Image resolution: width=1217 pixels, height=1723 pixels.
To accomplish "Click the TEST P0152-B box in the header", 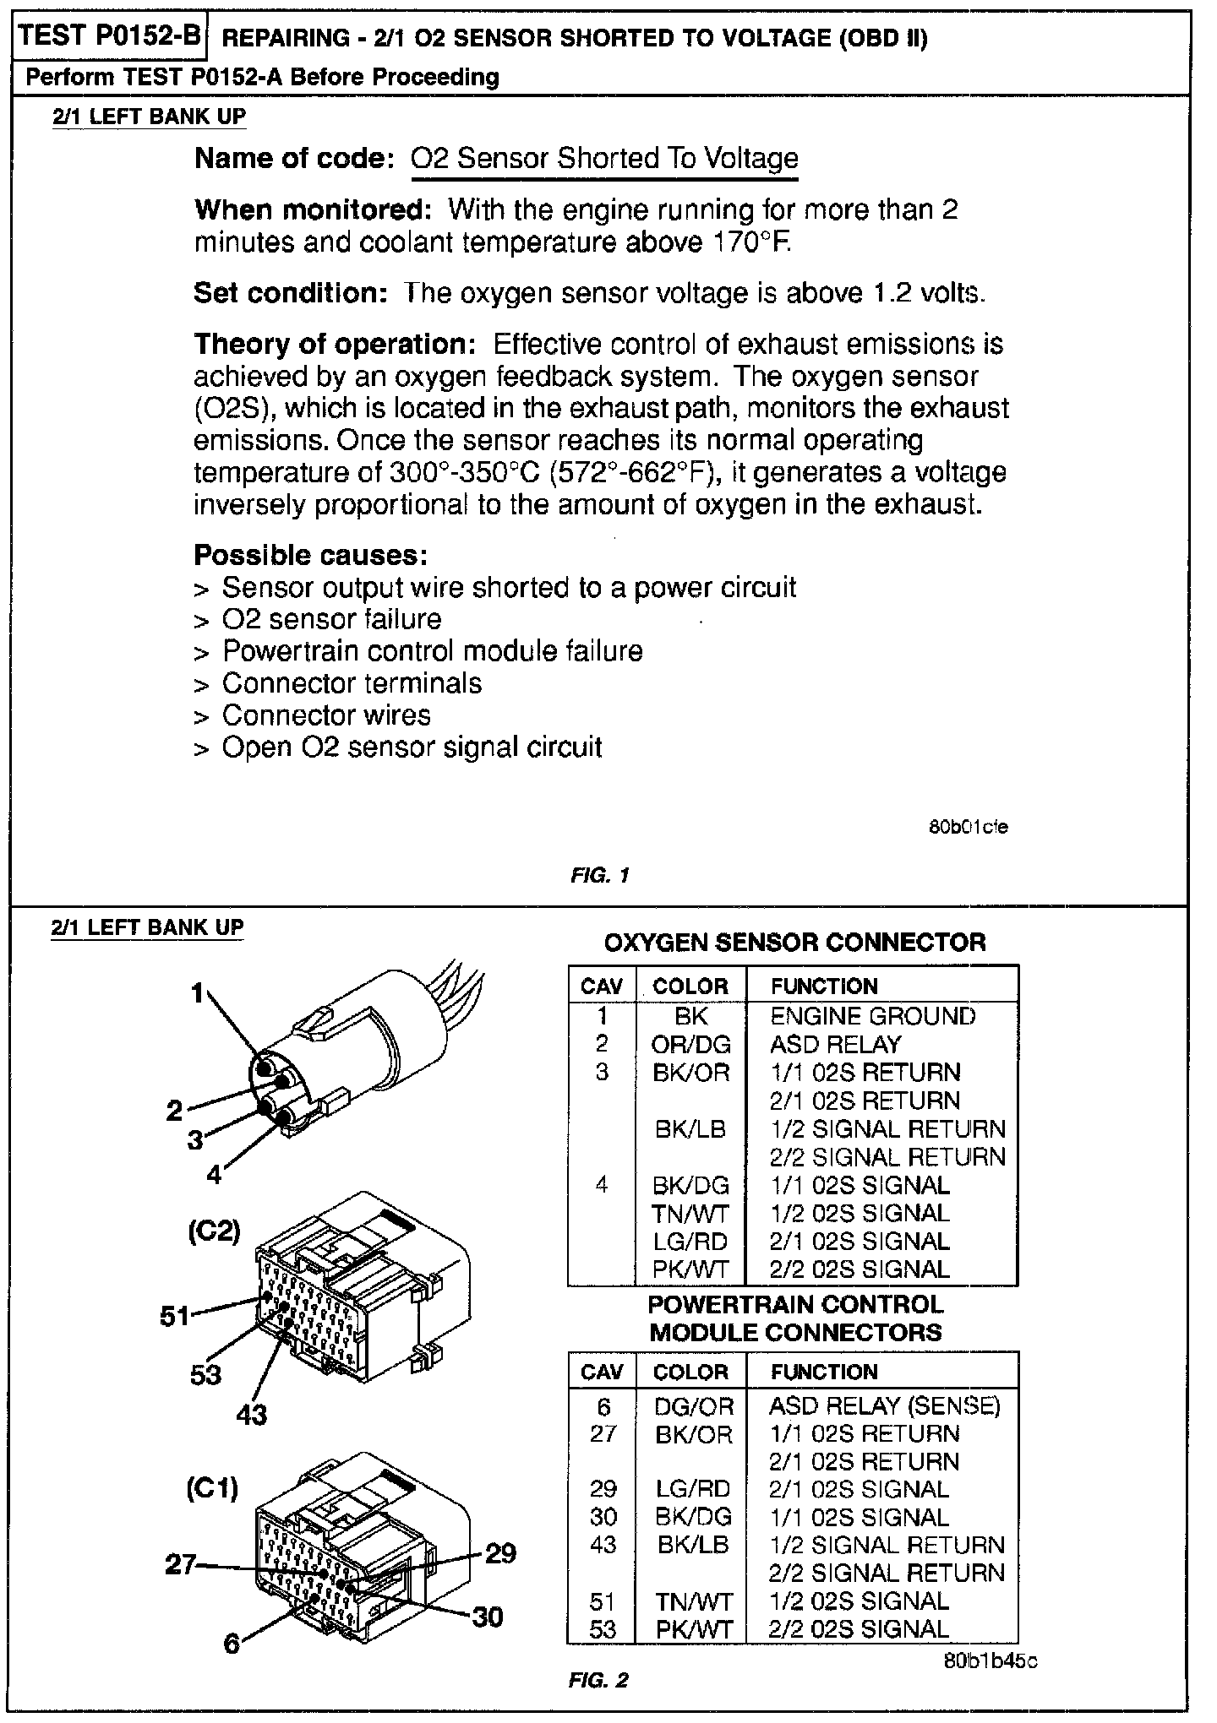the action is pyautogui.click(x=109, y=36).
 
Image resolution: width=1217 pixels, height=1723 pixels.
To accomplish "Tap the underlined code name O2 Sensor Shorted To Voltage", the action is pyautogui.click(x=603, y=159).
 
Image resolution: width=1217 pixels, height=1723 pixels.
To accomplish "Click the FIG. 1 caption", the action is pyautogui.click(x=599, y=876).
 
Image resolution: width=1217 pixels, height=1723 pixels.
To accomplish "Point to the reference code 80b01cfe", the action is pyautogui.click(x=968, y=827).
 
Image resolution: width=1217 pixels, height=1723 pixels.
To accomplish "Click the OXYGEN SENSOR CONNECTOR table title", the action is pyautogui.click(x=794, y=943).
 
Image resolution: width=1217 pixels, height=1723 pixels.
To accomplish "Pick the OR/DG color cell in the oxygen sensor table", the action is pyautogui.click(x=690, y=1045).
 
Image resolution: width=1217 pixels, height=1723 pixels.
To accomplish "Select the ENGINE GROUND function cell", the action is pyautogui.click(x=872, y=1016).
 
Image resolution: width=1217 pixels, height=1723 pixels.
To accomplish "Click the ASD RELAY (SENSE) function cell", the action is pyautogui.click(x=884, y=1405).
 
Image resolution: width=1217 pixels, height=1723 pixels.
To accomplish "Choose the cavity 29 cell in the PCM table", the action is pyautogui.click(x=603, y=1489).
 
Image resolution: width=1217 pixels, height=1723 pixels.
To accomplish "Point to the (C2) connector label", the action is pyautogui.click(x=214, y=1231).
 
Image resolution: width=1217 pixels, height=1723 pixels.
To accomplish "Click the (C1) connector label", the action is pyautogui.click(x=212, y=1487).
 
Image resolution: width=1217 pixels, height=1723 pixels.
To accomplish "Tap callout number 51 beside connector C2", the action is pyautogui.click(x=176, y=1315).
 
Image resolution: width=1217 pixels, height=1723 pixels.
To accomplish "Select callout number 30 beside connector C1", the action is pyautogui.click(x=487, y=1617).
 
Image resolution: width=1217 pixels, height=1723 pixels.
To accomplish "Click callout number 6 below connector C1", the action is pyautogui.click(x=232, y=1644).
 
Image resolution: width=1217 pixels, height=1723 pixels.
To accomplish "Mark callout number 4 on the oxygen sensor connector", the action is pyautogui.click(x=214, y=1174).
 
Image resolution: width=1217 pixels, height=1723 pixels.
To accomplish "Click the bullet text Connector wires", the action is pyautogui.click(x=325, y=715).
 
